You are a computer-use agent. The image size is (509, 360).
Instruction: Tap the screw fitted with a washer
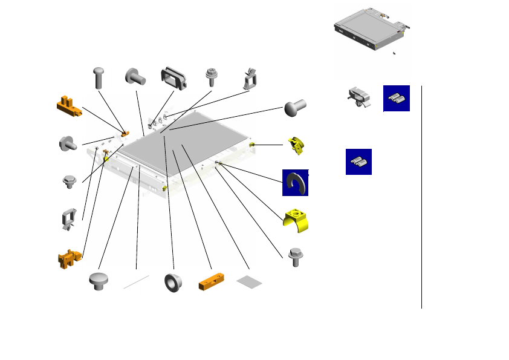point(212,77)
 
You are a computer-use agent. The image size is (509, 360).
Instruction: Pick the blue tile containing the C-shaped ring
point(296,183)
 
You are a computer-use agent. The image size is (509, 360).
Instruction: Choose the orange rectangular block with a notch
point(211,283)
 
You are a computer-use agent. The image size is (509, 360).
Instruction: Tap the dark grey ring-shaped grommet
point(173,283)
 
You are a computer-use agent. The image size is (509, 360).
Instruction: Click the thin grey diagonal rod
point(136,281)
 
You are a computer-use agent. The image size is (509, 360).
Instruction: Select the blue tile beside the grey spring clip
point(397,99)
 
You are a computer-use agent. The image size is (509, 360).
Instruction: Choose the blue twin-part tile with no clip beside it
point(358,162)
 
